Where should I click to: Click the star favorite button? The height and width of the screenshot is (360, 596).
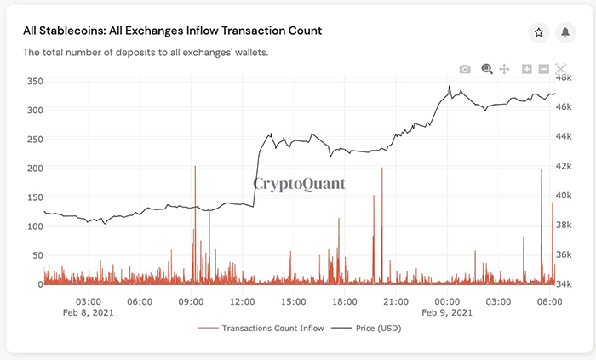(x=539, y=32)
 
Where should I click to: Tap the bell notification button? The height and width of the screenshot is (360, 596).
(x=564, y=32)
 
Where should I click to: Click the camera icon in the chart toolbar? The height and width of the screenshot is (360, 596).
(x=465, y=69)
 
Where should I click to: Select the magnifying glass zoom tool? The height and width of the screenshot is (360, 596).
(x=487, y=69)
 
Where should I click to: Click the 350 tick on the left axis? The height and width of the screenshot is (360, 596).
(x=33, y=81)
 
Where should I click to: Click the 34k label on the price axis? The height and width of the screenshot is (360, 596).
(x=564, y=284)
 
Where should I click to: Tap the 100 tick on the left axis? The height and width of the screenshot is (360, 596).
(x=33, y=226)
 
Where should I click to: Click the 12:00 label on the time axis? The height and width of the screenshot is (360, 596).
(x=243, y=301)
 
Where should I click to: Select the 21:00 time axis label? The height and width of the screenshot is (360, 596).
(x=396, y=301)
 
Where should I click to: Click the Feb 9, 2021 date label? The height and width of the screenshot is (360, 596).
(x=447, y=312)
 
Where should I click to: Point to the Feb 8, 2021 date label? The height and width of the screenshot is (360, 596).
(x=89, y=312)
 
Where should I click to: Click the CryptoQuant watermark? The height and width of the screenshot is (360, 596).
(x=299, y=182)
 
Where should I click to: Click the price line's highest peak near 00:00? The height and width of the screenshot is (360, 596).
(x=449, y=86)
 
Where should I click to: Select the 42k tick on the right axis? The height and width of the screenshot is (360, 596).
(x=564, y=167)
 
